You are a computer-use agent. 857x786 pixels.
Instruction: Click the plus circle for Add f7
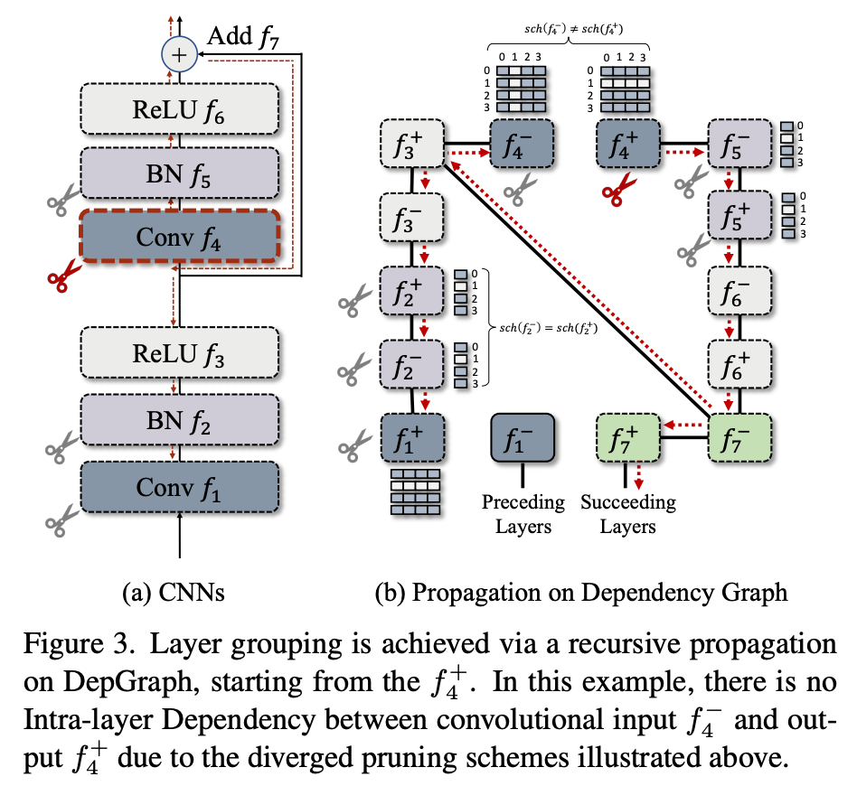[179, 56]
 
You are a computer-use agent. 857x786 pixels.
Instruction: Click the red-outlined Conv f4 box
[180, 236]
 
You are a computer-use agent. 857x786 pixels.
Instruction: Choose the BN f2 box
[180, 419]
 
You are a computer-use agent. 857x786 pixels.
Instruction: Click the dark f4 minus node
[520, 143]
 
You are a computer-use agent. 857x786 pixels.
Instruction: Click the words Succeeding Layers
[628, 513]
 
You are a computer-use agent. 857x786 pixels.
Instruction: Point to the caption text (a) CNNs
[172, 593]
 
